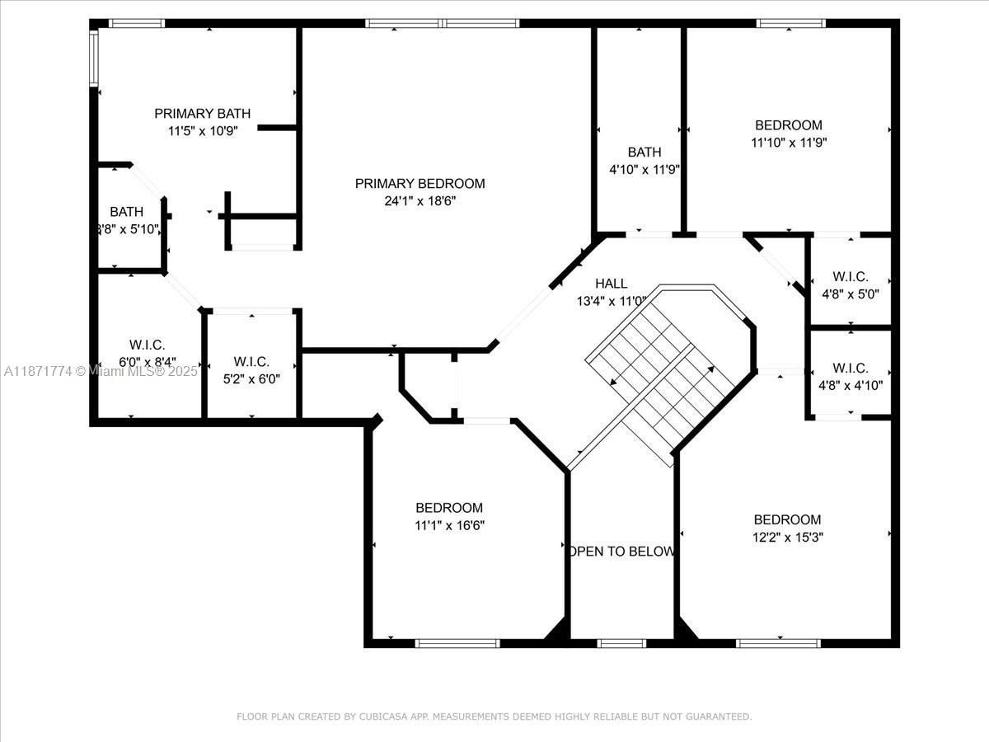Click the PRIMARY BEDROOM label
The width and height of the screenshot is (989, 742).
click(x=420, y=183)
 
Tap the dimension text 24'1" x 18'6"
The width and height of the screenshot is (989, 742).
click(x=420, y=200)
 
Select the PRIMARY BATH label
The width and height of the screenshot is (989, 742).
click(x=202, y=114)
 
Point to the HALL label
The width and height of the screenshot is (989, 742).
click(x=611, y=284)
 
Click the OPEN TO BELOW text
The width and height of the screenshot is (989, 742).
click(x=621, y=552)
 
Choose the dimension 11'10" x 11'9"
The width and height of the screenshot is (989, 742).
click(x=788, y=142)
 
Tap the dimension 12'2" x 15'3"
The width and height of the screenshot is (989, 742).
click(x=787, y=537)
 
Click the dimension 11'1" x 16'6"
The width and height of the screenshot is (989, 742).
click(x=449, y=524)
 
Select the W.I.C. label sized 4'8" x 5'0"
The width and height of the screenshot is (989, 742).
click(x=850, y=278)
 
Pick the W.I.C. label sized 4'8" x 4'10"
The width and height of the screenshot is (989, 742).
click(x=850, y=368)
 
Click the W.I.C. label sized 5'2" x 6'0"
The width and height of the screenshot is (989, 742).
click(x=251, y=362)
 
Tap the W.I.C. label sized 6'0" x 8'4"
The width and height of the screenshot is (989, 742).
click(x=148, y=345)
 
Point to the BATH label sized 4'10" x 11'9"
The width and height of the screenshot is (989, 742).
click(x=644, y=152)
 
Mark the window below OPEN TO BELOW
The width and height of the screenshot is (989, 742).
click(x=621, y=642)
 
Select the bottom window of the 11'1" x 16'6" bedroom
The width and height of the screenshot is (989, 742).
click(x=457, y=642)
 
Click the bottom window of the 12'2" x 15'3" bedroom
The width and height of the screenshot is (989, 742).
click(x=778, y=642)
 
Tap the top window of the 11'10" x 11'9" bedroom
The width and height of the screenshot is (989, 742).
click(x=790, y=24)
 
